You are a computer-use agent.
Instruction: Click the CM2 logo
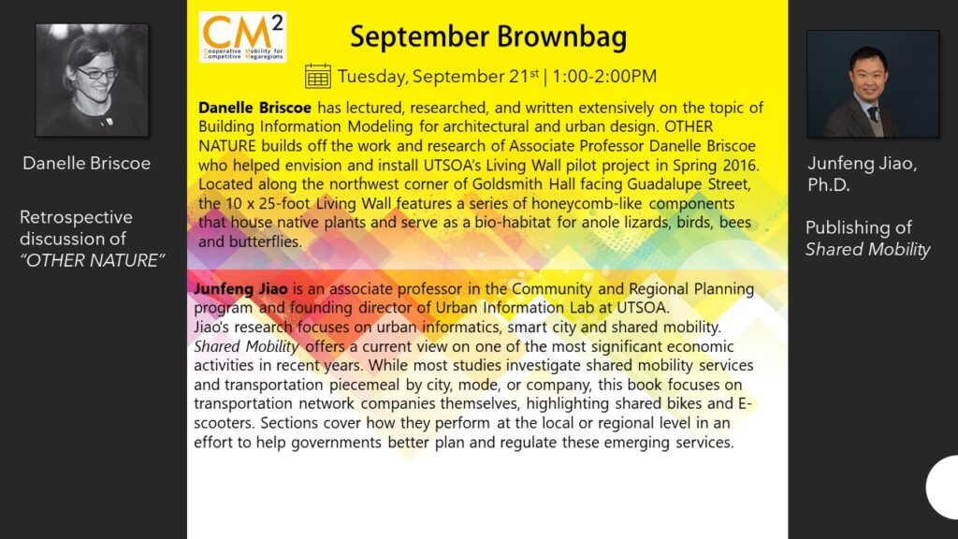(242, 37)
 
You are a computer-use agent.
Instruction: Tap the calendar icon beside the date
(318, 77)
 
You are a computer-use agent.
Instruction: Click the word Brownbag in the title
(561, 36)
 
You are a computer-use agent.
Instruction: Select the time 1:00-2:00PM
(604, 77)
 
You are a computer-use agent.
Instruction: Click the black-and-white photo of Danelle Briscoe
(93, 80)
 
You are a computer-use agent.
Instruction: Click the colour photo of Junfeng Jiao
(873, 84)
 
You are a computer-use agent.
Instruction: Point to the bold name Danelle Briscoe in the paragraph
(254, 108)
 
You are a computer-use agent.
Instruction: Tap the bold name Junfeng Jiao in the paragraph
(240, 288)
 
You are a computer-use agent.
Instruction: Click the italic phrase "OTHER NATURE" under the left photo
(93, 260)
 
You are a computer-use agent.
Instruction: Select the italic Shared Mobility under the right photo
(867, 249)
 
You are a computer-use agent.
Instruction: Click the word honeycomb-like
(588, 203)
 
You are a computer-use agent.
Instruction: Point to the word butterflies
(265, 241)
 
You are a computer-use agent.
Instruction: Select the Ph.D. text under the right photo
(829, 185)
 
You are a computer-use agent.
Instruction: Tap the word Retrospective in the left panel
(76, 217)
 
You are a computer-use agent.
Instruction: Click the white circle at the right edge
(944, 487)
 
